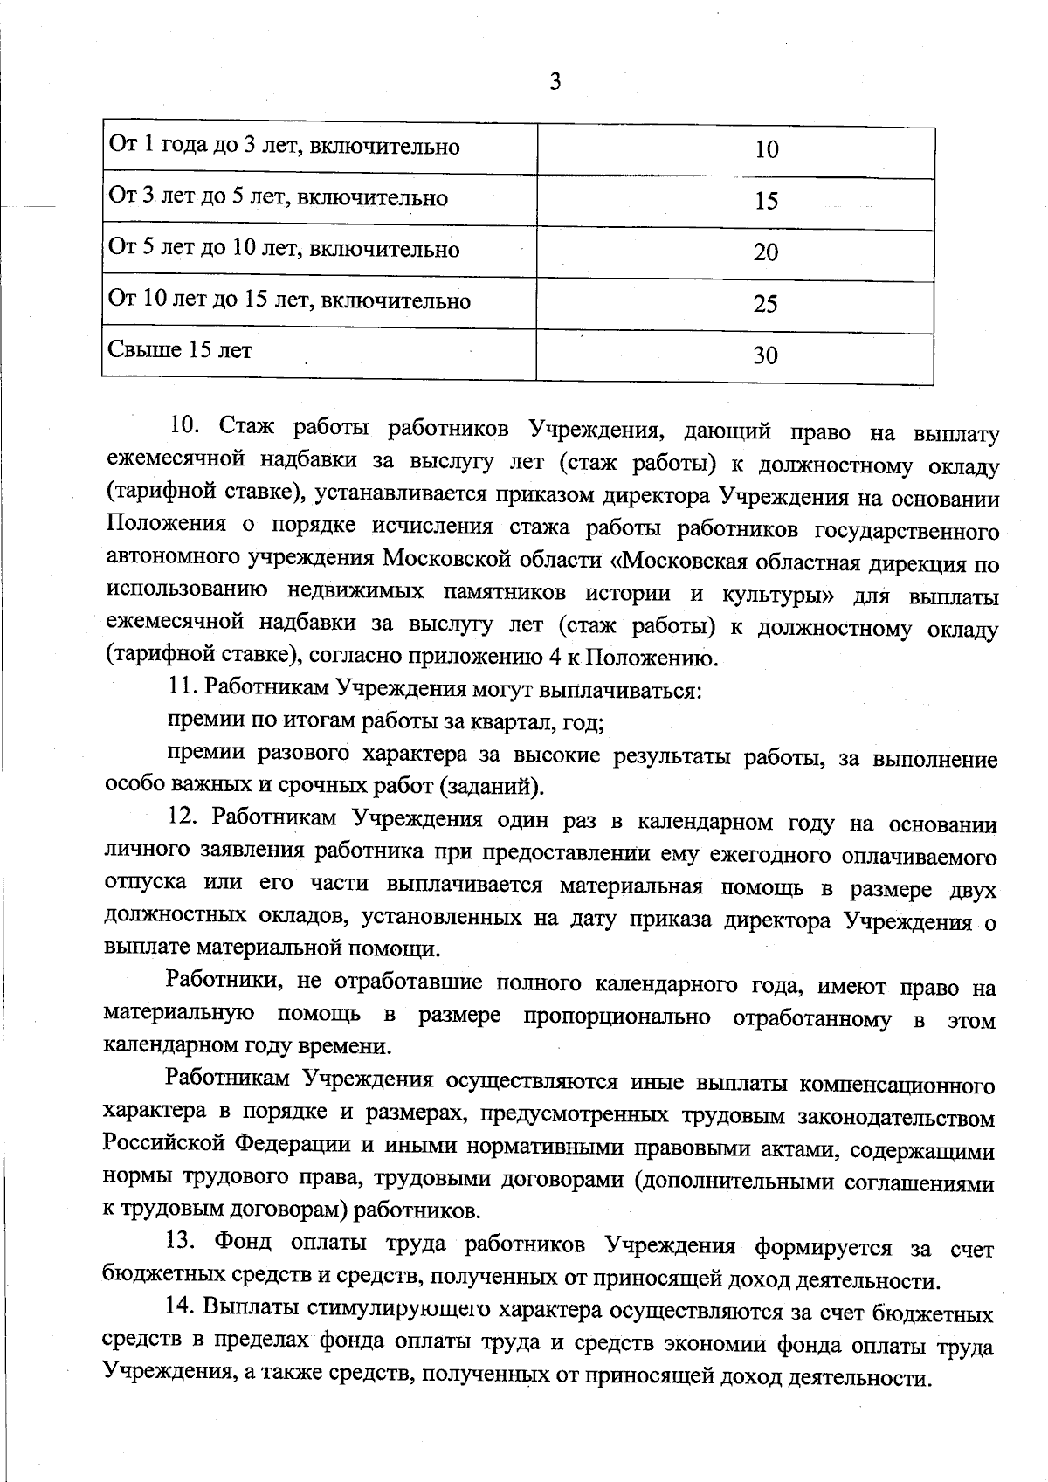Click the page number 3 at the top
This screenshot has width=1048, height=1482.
click(555, 82)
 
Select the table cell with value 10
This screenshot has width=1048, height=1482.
click(766, 150)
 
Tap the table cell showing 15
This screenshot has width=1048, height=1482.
click(766, 202)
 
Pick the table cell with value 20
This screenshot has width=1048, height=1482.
click(766, 253)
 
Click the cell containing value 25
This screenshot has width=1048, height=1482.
click(766, 305)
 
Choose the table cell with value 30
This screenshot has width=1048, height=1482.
click(766, 355)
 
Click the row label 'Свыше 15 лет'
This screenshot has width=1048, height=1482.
click(180, 351)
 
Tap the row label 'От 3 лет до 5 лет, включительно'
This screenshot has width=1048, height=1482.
click(278, 198)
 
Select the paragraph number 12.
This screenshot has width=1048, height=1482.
click(184, 818)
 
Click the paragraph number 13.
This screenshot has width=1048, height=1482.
click(184, 1241)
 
